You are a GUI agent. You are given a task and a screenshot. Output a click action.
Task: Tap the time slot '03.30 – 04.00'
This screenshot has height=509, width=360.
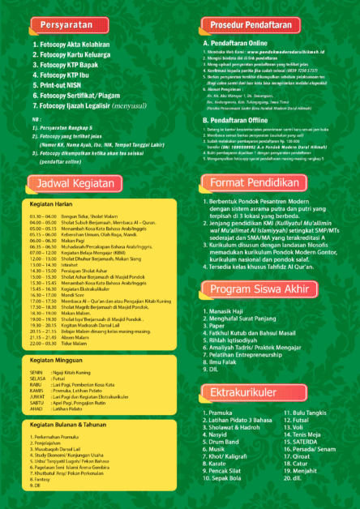[40, 217]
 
